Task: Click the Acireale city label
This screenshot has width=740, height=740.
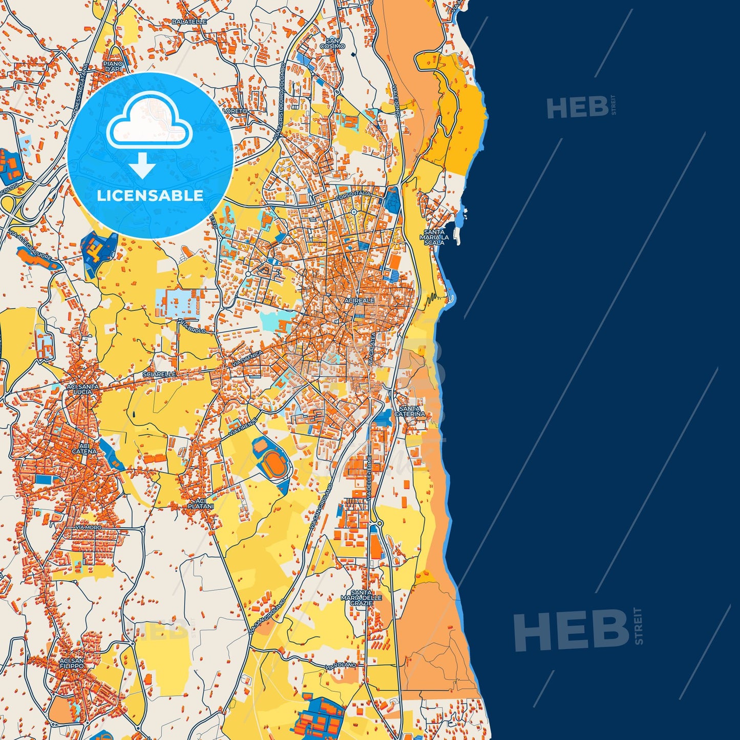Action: pos(360,301)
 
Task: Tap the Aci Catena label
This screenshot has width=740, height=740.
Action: pos(84,449)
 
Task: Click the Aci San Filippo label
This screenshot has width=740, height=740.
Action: pos(71,664)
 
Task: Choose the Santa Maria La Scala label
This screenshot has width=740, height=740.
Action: pos(434,237)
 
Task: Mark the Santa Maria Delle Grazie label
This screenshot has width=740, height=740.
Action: pos(362,598)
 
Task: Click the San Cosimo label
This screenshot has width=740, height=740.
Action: pos(333,44)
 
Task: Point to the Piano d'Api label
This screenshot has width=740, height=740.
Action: pos(113,67)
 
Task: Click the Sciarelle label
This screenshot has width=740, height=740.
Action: pos(159,374)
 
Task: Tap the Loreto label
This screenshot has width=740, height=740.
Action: pos(235,111)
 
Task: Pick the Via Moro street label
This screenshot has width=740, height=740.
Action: pos(88,527)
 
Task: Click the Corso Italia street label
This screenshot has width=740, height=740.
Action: pos(352,195)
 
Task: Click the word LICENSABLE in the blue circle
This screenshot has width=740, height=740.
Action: pos(150,195)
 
